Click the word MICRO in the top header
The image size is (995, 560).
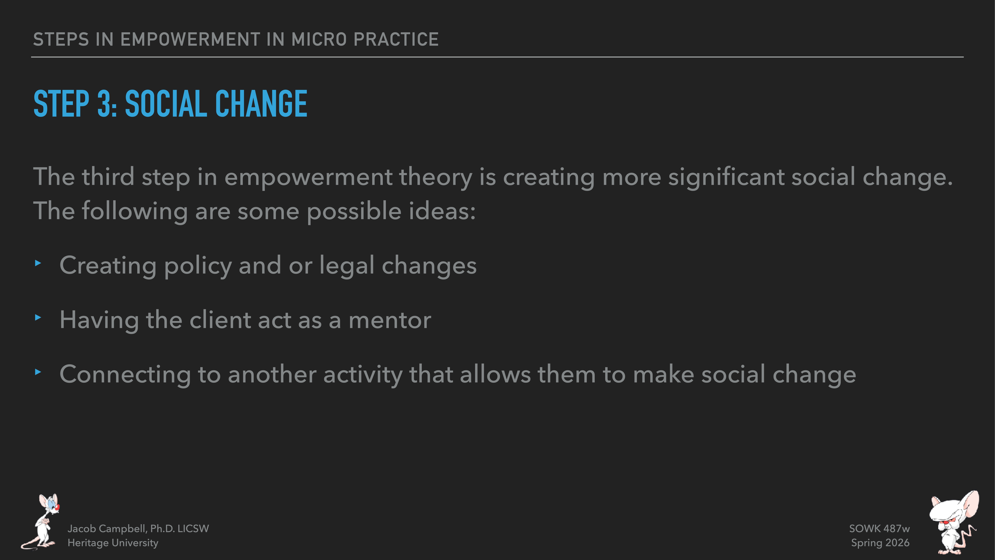(x=319, y=39)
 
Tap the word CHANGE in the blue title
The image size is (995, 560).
(x=261, y=104)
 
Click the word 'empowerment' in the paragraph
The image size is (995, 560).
(x=308, y=177)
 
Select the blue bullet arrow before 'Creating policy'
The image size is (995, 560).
(x=38, y=263)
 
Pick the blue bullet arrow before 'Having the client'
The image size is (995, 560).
(x=38, y=318)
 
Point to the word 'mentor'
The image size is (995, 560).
(x=390, y=320)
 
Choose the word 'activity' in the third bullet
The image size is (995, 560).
(x=363, y=375)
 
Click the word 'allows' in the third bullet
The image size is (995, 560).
(x=495, y=375)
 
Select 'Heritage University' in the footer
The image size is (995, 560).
(x=113, y=543)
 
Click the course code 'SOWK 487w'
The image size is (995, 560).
(x=879, y=529)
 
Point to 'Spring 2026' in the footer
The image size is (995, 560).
(x=880, y=543)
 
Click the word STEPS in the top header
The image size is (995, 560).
(x=61, y=39)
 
